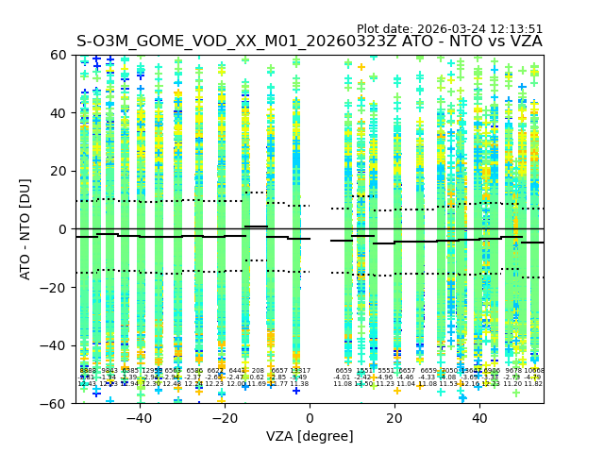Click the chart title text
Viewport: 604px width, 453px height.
click(x=309, y=42)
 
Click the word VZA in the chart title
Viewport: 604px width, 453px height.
click(x=524, y=42)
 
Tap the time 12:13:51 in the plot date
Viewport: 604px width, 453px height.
click(x=513, y=29)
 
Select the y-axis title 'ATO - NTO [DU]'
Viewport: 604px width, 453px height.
click(x=25, y=228)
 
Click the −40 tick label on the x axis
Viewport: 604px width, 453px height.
click(x=139, y=418)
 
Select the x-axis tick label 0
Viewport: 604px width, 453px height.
click(x=310, y=418)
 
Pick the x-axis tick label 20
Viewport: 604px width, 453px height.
click(x=394, y=418)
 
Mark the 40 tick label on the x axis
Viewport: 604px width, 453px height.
click(x=479, y=418)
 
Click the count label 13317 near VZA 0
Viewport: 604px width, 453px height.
click(x=299, y=371)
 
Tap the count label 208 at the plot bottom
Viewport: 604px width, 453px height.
click(x=258, y=371)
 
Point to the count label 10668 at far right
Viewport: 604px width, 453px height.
click(x=534, y=371)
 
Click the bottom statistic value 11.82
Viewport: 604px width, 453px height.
click(x=533, y=384)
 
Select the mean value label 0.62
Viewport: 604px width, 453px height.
click(x=257, y=377)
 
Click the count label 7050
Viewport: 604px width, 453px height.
click(x=449, y=371)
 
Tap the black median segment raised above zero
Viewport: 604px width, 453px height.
click(x=256, y=226)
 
